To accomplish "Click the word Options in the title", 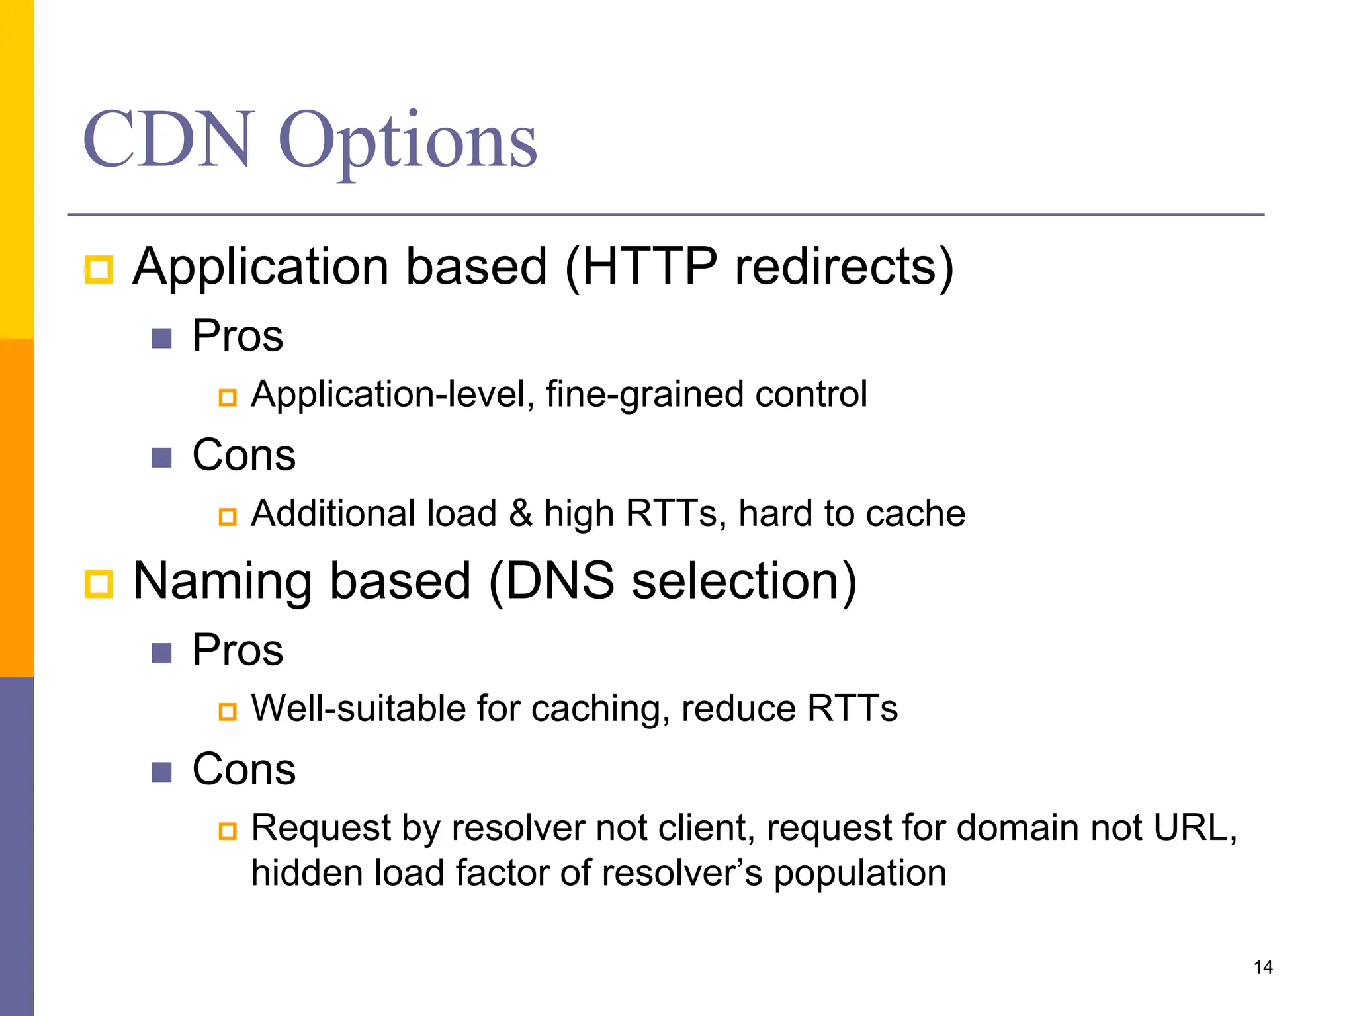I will pos(407,142).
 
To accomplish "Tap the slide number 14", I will pos(1262,967).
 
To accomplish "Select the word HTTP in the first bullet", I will pos(648,267).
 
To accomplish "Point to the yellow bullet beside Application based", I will pos(99,269).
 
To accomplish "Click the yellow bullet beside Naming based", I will pos(99,584).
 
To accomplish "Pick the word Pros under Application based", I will pos(238,335).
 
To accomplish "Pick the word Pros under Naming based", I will pos(238,650).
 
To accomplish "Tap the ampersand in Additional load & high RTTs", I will pos(521,513).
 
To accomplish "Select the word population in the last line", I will pos(859,874).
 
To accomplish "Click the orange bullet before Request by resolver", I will pos(228,831).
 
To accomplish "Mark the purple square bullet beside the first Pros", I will pos(161,339).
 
